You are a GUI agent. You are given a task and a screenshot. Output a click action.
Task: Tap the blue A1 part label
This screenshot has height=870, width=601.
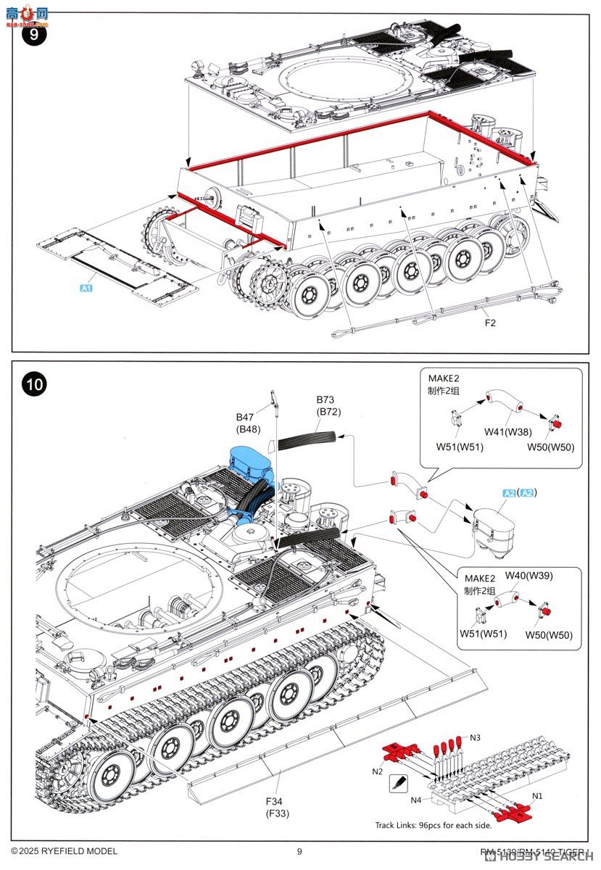pyautogui.click(x=86, y=289)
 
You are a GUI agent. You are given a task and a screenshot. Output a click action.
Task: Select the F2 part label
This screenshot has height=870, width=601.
pyautogui.click(x=491, y=323)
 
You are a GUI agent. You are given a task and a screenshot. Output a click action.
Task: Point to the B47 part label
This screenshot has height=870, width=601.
pyautogui.click(x=246, y=417)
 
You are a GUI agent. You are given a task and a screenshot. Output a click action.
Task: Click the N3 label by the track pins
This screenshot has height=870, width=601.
pyautogui.click(x=475, y=737)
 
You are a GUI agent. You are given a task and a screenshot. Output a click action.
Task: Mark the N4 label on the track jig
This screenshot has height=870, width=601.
pyautogui.click(x=416, y=800)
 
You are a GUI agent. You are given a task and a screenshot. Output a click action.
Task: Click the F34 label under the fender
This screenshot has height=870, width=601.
pyautogui.click(x=273, y=800)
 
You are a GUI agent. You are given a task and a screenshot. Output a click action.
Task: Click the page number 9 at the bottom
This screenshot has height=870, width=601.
pyautogui.click(x=299, y=851)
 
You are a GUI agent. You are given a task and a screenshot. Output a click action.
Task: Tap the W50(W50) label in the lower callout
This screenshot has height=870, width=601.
pyautogui.click(x=549, y=635)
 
